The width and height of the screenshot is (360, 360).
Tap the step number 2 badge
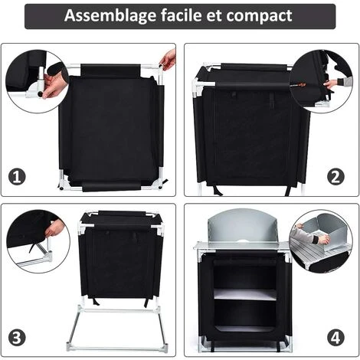click(x=336, y=177)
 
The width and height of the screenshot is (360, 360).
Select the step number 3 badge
click(x=16, y=336)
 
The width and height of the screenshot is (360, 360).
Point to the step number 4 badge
click(x=336, y=336)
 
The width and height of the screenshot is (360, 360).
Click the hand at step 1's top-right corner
click(x=169, y=59)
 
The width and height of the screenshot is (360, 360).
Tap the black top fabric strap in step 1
click(x=110, y=70)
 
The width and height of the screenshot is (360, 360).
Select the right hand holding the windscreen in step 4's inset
click(x=322, y=240)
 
